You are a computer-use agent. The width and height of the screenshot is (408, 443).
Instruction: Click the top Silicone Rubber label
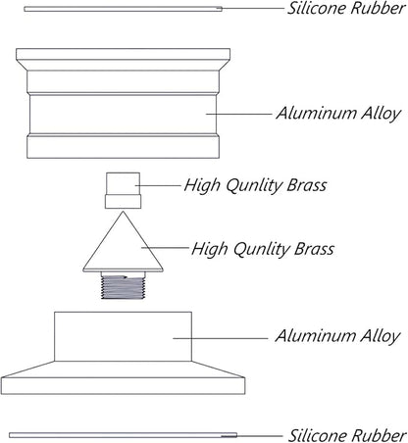coord(346,8)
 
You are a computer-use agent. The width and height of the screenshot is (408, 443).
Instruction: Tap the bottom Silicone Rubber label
coord(347,435)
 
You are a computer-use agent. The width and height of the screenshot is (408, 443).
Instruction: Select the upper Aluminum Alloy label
coord(338,114)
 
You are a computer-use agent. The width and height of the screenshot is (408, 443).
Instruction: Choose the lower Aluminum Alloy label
coord(337,336)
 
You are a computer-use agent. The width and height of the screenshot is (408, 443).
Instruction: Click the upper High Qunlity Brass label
coord(255,185)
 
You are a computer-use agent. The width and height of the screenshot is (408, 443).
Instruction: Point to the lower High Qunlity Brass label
coord(263,249)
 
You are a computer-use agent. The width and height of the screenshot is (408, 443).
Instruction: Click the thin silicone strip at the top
coord(123,9)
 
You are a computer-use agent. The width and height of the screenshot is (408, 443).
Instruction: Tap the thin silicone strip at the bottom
coord(123,435)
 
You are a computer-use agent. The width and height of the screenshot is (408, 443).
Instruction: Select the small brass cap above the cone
coord(123,190)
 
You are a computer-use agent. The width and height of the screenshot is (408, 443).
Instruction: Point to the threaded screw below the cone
coord(123,286)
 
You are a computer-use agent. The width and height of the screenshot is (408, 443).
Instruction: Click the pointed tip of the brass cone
coord(123,212)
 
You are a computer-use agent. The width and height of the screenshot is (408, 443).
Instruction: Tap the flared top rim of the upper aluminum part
coord(123,59)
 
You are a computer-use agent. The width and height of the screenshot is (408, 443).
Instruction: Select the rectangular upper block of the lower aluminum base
coord(123,336)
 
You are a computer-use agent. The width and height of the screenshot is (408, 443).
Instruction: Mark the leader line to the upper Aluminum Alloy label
coord(239,114)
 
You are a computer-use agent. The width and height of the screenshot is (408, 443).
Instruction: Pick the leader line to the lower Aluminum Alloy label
coord(221,338)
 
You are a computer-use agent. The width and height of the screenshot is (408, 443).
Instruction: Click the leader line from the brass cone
coord(165,248)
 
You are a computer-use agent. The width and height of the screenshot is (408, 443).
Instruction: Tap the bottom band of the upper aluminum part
coord(123,147)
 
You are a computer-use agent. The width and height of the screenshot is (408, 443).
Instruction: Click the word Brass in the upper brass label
coord(307,185)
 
